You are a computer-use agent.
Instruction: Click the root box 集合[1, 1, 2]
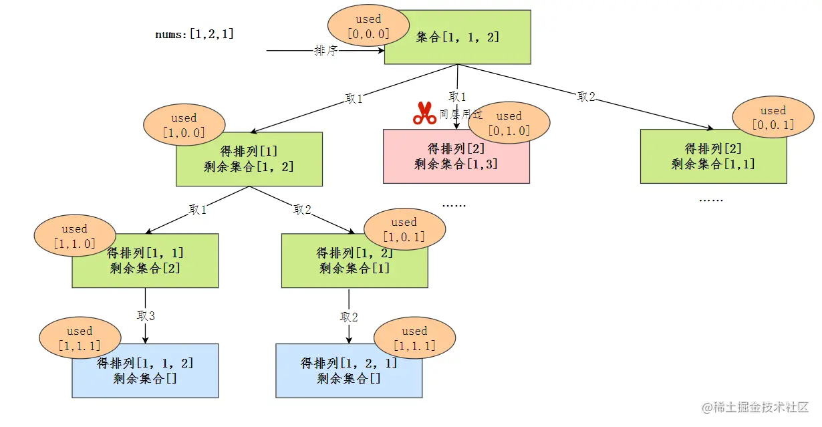tap(458, 37)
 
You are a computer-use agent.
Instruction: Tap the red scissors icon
tap(424, 114)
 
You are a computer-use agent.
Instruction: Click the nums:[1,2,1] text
tap(194, 34)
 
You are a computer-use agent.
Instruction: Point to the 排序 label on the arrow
tap(325, 51)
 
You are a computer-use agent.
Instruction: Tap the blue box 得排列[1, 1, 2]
tap(145, 371)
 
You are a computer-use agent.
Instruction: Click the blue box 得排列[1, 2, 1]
tap(349, 371)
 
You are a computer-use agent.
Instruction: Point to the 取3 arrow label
tap(146, 315)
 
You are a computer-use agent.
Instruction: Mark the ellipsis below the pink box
tap(454, 204)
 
